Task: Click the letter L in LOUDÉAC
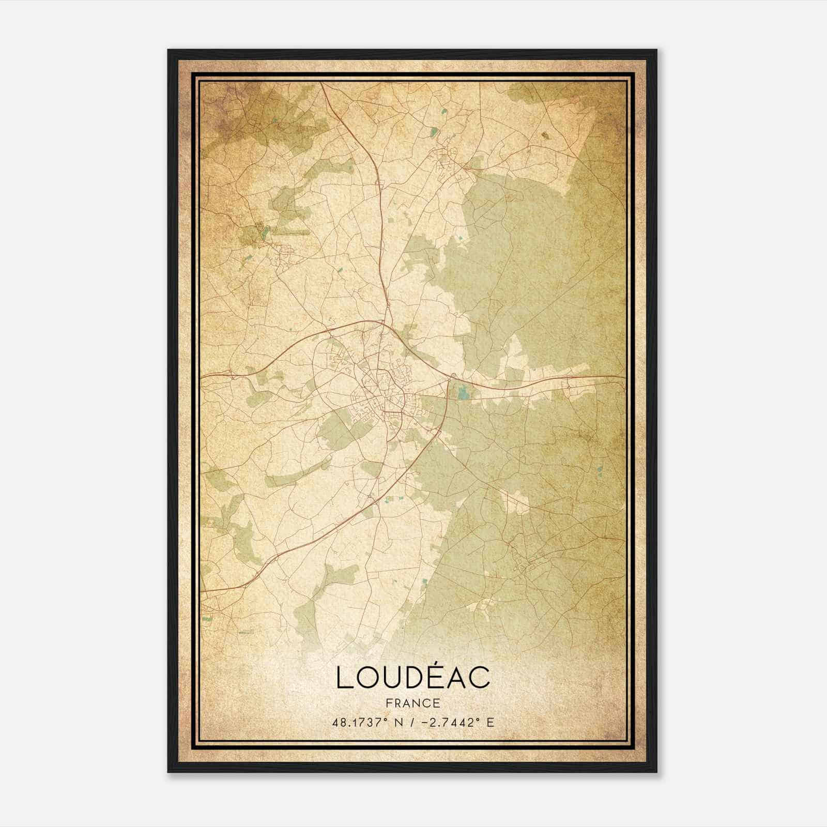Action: (344, 678)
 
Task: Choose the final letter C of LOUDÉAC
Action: (480, 678)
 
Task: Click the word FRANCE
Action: (413, 703)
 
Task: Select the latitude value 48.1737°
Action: (361, 722)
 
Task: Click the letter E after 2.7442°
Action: (490, 722)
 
